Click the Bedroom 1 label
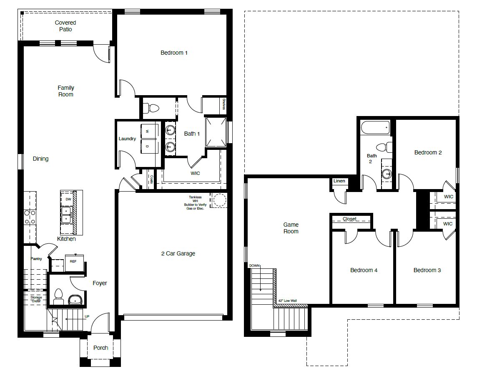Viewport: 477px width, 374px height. click(x=174, y=53)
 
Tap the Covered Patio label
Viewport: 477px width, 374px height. click(x=65, y=26)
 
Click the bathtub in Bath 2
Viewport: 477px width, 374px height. click(x=376, y=127)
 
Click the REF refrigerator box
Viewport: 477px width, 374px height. click(x=73, y=262)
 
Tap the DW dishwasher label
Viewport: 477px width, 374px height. click(x=68, y=199)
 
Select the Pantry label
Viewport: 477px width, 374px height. click(x=36, y=259)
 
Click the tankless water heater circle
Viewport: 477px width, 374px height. click(x=218, y=200)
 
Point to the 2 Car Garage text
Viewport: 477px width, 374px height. click(x=178, y=253)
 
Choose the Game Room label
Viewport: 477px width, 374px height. click(x=291, y=228)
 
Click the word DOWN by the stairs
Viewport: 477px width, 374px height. click(x=254, y=265)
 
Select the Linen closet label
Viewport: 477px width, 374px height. click(x=339, y=181)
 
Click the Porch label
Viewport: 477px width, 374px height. click(x=100, y=347)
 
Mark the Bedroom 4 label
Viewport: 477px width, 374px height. click(x=364, y=270)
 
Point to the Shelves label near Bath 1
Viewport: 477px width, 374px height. click(x=224, y=104)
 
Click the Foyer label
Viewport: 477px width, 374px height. click(x=100, y=283)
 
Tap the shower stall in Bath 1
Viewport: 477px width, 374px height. click(x=216, y=132)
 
